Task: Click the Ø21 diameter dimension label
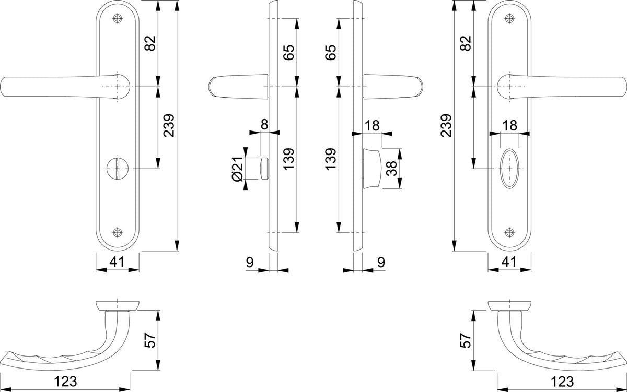pos(237,169)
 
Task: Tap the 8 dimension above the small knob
pos(264,124)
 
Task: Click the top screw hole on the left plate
pos(118,18)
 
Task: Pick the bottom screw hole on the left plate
pos(118,232)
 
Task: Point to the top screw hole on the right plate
pos(509,18)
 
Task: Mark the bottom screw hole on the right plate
pos(509,232)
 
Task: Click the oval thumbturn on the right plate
pos(509,169)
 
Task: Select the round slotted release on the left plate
pos(118,169)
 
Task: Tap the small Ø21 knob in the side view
pos(264,169)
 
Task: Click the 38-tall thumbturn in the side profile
pos(371,169)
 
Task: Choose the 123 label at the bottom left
pos(65,382)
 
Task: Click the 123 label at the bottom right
pos(562,382)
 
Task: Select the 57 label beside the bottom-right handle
pos(466,340)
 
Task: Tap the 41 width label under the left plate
pos(117,262)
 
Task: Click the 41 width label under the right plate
pos(509,262)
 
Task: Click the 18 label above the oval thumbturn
pos(510,126)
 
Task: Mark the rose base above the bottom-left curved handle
pos(118,305)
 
